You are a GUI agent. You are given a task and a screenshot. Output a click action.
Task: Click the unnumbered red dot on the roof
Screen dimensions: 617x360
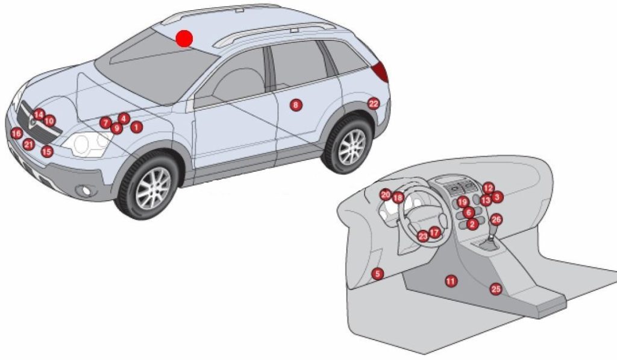(184, 38)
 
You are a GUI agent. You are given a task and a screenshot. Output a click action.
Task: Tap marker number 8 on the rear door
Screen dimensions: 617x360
(295, 105)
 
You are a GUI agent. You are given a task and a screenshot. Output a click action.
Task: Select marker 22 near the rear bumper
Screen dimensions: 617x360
(374, 104)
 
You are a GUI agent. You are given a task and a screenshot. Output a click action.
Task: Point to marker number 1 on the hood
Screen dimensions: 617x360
(136, 127)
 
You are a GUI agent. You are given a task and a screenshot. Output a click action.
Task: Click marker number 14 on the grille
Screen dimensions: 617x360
(39, 115)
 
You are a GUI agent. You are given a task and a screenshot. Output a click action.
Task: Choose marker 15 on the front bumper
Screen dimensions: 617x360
(47, 151)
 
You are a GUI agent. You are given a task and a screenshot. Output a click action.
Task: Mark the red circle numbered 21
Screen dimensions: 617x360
(28, 145)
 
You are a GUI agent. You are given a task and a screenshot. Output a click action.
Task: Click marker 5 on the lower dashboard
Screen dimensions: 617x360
(377, 274)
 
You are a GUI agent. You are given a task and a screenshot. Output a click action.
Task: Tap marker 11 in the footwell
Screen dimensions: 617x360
(451, 281)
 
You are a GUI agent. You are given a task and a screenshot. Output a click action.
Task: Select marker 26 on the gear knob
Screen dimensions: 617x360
(496, 219)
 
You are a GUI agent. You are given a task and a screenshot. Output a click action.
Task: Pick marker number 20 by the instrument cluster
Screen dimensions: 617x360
(386, 195)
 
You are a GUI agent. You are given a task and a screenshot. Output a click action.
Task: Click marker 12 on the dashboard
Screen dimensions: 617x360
(488, 188)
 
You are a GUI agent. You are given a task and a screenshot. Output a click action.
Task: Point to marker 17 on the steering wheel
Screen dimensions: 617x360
(434, 233)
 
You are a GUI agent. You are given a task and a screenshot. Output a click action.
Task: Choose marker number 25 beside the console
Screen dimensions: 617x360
(496, 289)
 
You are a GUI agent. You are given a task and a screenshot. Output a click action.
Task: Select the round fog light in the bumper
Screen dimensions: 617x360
(86, 191)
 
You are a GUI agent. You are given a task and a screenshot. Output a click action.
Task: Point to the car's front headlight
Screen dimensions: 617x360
(87, 144)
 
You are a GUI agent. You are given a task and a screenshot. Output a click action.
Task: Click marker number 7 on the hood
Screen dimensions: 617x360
(105, 122)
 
